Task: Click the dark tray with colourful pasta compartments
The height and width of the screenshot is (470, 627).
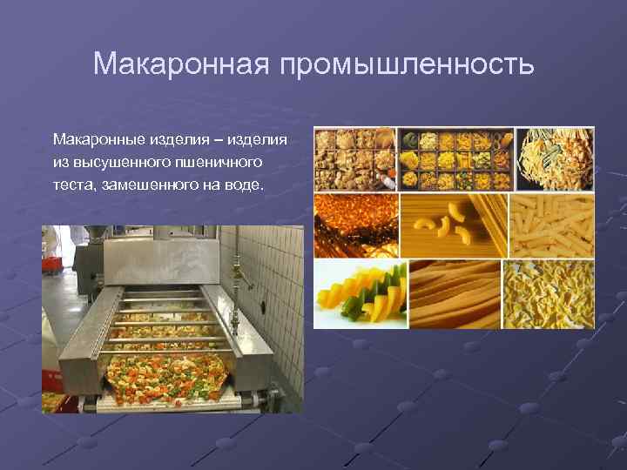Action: pos(455,158)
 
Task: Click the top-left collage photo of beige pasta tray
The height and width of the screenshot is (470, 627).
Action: pos(354,158)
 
